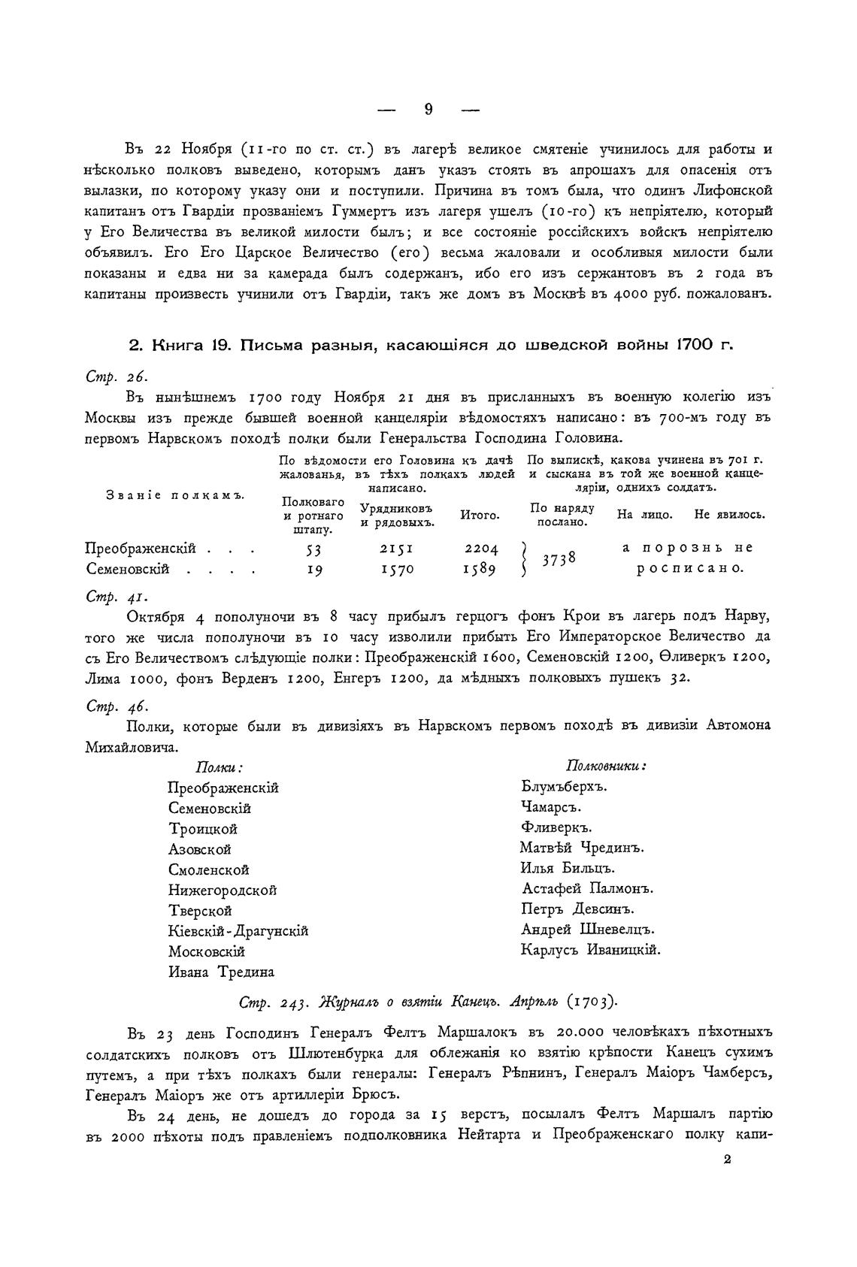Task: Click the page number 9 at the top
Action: click(428, 110)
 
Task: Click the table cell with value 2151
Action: click(392, 549)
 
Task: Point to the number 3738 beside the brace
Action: click(560, 559)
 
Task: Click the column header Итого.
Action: click(480, 516)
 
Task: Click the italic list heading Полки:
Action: click(219, 767)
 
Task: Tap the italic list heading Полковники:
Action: click(606, 766)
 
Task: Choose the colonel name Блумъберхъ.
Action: click(563, 787)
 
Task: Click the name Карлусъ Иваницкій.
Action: click(590, 950)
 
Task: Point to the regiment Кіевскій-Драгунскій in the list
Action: click(238, 931)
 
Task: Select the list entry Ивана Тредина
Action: click(221, 972)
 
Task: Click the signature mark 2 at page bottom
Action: click(727, 1160)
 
